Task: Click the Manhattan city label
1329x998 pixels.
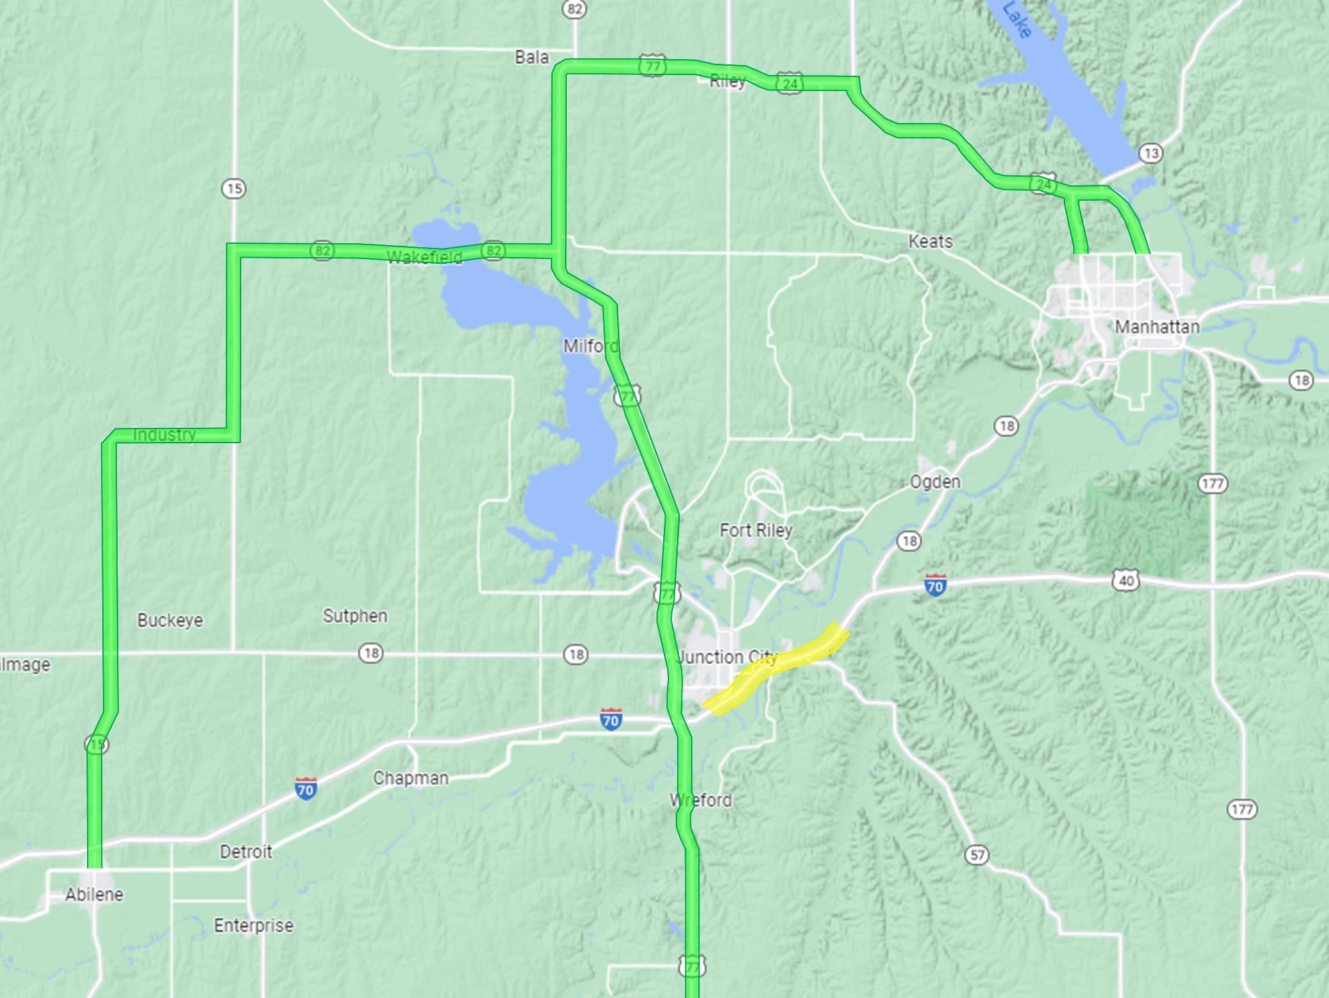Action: pyautogui.click(x=1157, y=327)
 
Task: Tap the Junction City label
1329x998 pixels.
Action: pyautogui.click(x=727, y=657)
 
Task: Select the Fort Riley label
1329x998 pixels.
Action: pyautogui.click(x=756, y=530)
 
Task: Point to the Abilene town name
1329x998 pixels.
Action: pyautogui.click(x=94, y=894)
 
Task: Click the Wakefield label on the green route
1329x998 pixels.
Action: pyautogui.click(x=424, y=257)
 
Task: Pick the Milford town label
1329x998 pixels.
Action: pyautogui.click(x=590, y=346)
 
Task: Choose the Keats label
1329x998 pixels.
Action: pyautogui.click(x=930, y=241)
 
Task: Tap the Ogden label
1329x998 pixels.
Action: pyautogui.click(x=935, y=482)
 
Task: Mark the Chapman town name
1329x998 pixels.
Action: pyautogui.click(x=411, y=778)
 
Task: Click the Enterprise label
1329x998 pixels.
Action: pyautogui.click(x=254, y=925)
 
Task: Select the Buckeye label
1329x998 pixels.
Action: pyautogui.click(x=170, y=620)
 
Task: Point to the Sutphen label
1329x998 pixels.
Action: pyautogui.click(x=355, y=616)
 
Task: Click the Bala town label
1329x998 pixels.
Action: pyautogui.click(x=532, y=57)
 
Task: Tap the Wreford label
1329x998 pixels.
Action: pyautogui.click(x=701, y=800)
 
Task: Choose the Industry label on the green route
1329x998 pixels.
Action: pyautogui.click(x=164, y=435)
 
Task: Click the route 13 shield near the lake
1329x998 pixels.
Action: pyautogui.click(x=1151, y=153)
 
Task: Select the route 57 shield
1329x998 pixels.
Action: pyautogui.click(x=977, y=855)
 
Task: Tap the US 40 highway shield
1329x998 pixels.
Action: pyautogui.click(x=1126, y=581)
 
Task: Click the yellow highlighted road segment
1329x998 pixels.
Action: pyautogui.click(x=774, y=668)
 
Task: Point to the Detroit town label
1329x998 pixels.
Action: pyautogui.click(x=246, y=852)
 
